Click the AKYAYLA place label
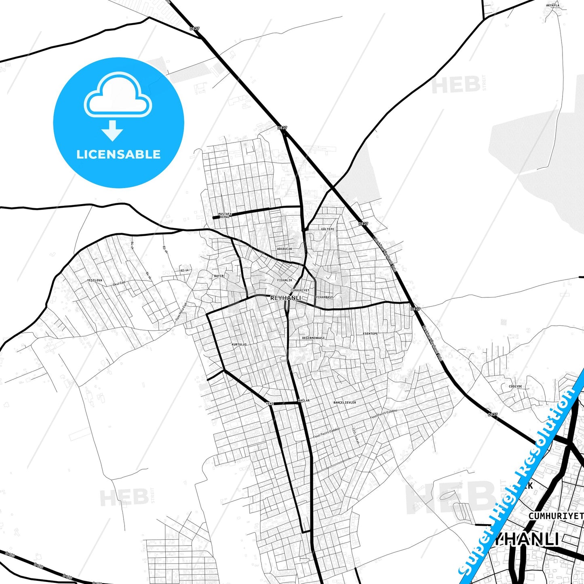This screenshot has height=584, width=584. pos(552,6)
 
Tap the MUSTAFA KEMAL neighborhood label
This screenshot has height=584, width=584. pos(225,215)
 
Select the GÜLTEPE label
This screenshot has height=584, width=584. pos(327,229)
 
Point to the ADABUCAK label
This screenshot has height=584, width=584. pos(284,249)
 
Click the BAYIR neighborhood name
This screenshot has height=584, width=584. pos(219,276)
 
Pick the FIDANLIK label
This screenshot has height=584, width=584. pos(285,280)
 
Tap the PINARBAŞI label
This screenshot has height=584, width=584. pos(324,297)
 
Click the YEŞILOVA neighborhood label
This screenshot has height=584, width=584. pos(95,280)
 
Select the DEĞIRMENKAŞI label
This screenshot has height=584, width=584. pos(313,338)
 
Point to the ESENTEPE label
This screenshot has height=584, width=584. pos(370,333)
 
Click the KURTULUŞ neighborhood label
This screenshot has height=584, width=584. pos(239,345)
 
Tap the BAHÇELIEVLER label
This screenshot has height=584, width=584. pos(344,403)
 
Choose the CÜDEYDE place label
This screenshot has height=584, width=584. pos(515,386)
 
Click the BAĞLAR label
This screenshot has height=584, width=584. pos(304,401)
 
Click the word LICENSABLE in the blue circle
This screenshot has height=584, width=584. pos(118,154)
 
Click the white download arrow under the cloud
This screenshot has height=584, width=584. pos(112,131)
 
